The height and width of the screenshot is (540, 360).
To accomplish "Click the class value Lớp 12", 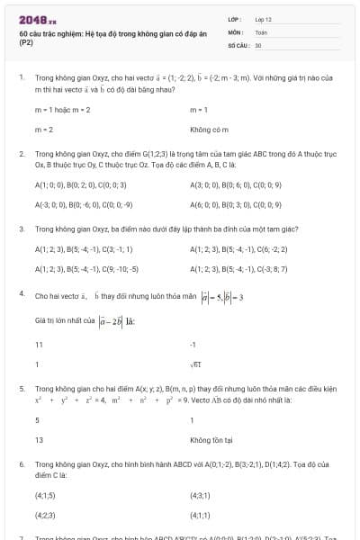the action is coord(264,19).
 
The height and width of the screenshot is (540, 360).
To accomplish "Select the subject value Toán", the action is coord(261,31).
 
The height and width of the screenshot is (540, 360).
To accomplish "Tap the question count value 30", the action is coord(258,44).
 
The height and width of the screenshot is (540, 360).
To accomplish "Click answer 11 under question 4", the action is coord(39,345).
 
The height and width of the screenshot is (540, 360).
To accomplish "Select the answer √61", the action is coord(195,364).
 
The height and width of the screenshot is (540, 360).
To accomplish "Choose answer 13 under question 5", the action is coord(39,440).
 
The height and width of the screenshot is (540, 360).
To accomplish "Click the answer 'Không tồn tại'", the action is coord(211,440).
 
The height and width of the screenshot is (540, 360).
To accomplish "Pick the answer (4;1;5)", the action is coord(46,495).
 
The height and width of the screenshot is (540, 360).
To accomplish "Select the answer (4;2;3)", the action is coord(46,515).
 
